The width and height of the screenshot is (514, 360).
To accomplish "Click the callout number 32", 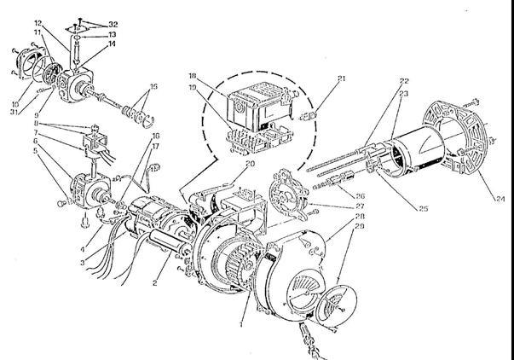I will click(x=90, y=25).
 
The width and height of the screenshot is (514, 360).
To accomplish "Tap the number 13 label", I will click(x=90, y=35).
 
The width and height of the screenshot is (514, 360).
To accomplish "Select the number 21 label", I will click(x=342, y=78).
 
